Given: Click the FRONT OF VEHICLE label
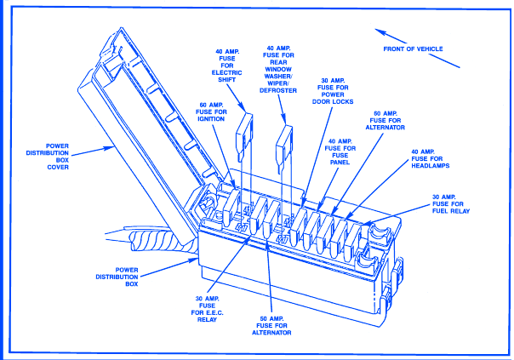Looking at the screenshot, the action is [x=413, y=49].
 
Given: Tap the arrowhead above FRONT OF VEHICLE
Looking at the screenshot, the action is [x=380, y=31].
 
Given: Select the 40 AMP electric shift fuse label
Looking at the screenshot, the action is [x=227, y=66].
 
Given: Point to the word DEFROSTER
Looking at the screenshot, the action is [x=278, y=90].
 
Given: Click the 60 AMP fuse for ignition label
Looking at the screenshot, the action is [x=211, y=111].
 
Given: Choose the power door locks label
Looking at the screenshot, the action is [x=333, y=91].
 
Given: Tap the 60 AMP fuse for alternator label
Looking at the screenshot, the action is [x=385, y=120].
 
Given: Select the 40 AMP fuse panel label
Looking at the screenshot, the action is [x=340, y=151].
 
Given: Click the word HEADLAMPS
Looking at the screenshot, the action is [x=431, y=166].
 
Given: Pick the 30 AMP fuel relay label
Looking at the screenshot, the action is [x=451, y=204].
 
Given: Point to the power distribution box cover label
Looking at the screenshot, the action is [x=48, y=157].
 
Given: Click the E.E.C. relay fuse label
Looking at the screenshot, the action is [x=207, y=309].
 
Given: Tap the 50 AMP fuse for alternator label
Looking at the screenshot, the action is [x=271, y=326].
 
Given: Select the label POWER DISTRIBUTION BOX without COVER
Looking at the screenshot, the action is [x=117, y=277].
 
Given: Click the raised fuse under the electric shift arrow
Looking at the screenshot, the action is [x=244, y=137].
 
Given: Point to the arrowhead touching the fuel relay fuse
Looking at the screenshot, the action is [x=367, y=224].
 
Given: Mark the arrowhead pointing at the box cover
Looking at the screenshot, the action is [x=108, y=148].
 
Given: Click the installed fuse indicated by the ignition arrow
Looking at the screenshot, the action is [x=231, y=207].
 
